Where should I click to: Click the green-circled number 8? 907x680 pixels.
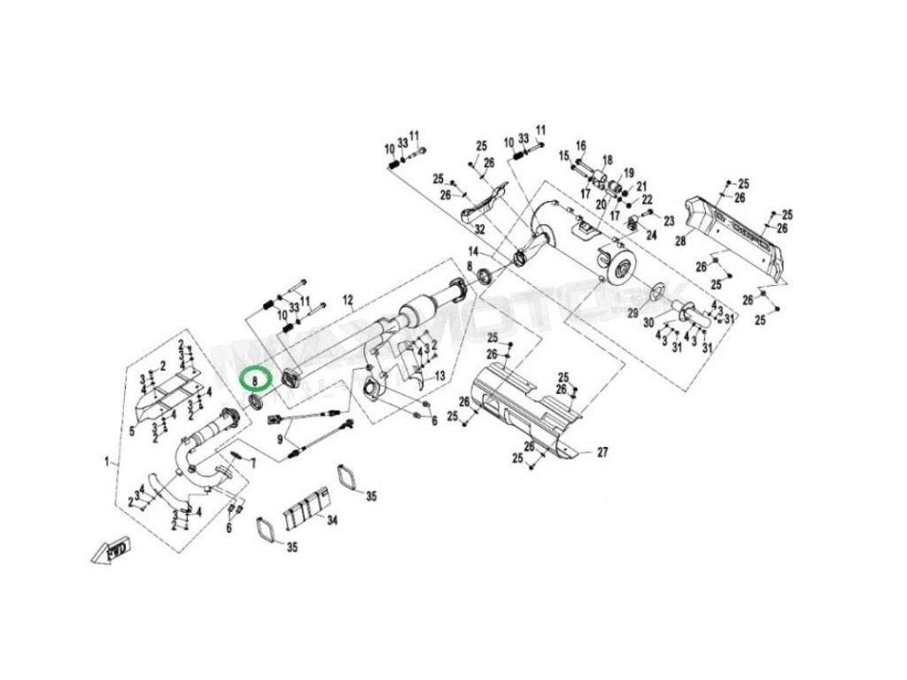point(255,379)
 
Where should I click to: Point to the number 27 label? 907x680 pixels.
point(602,452)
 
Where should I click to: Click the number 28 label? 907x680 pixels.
point(680,240)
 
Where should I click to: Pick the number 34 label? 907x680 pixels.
point(332,521)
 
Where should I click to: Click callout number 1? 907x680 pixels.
point(107,461)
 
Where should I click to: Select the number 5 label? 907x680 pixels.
point(131,431)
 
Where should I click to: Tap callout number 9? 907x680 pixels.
point(281,438)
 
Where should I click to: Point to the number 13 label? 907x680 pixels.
point(439,377)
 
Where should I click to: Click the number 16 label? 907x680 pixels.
point(581,145)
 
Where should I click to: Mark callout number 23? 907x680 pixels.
point(669,220)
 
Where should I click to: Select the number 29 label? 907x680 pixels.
point(632,313)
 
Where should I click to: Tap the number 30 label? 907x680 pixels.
point(648,321)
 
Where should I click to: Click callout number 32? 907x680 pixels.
point(480,228)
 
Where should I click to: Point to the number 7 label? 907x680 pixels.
point(252,462)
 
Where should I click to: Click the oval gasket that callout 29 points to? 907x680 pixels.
point(661,290)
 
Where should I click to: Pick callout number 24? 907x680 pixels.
point(651,235)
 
